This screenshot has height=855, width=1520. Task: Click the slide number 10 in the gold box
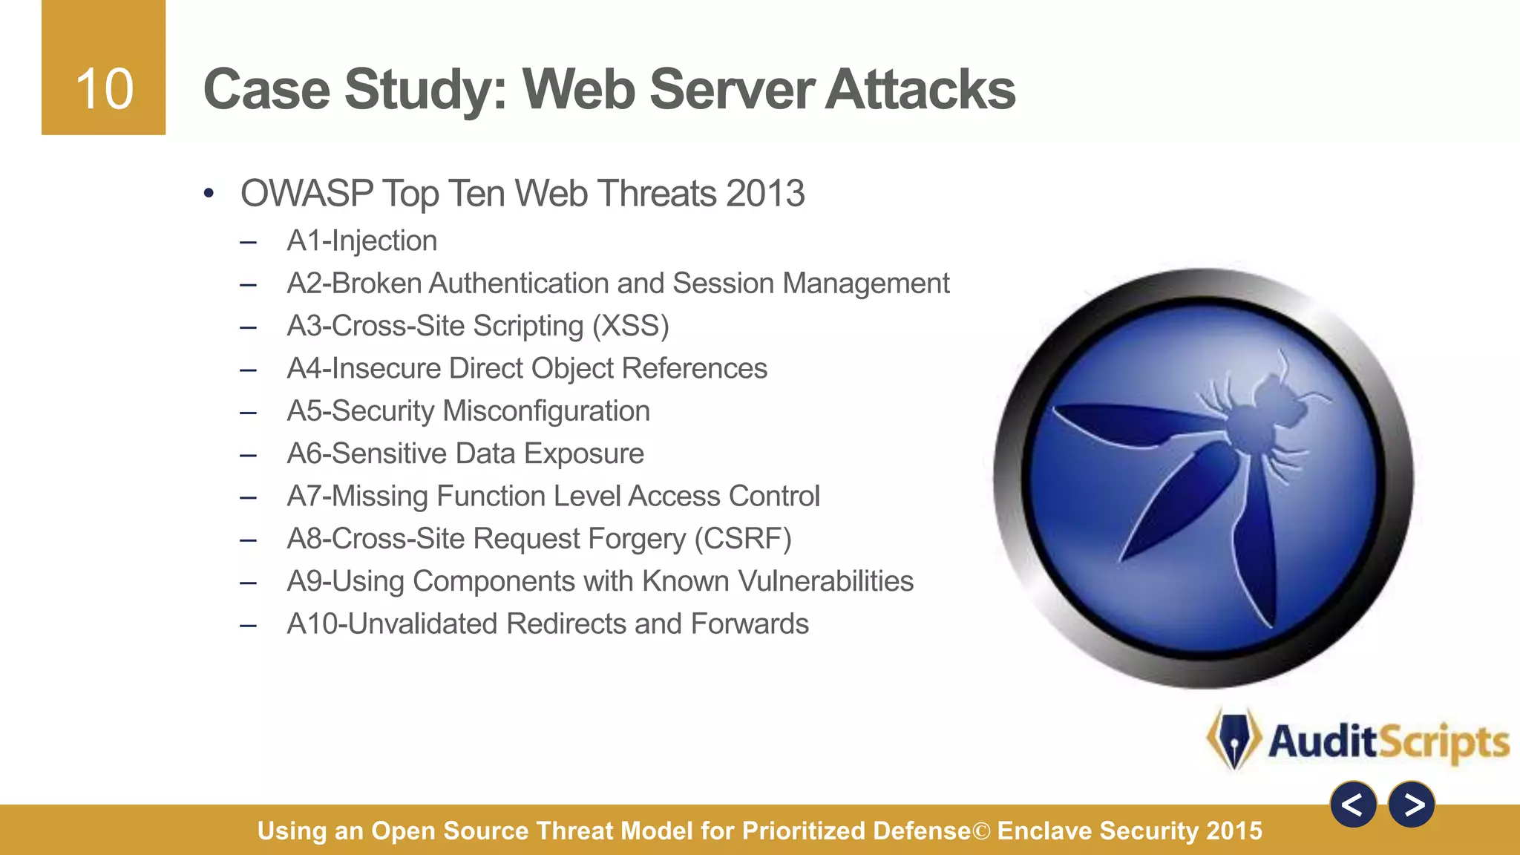[x=104, y=89]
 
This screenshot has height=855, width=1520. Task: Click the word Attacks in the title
[x=920, y=89]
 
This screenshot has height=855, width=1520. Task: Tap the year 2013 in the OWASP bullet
[x=765, y=194]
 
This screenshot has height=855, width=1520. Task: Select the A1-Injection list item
[x=361, y=241]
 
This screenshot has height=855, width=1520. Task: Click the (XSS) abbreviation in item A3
[x=630, y=326]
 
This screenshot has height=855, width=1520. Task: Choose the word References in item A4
[x=694, y=368]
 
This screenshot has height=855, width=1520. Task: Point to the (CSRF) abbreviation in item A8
[x=743, y=539]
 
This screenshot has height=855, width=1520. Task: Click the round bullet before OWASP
[x=209, y=194]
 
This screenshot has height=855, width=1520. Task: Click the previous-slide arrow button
[x=1353, y=805]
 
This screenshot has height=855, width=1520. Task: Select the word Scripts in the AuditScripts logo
[x=1444, y=741]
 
